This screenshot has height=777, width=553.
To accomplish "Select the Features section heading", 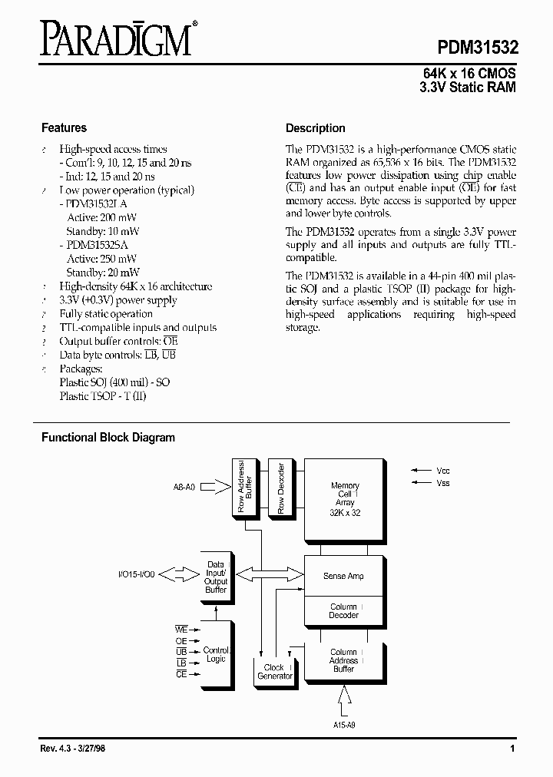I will (x=64, y=128).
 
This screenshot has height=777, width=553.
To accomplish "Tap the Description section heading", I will (x=315, y=128).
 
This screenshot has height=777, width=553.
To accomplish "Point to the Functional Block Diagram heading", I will (x=108, y=438).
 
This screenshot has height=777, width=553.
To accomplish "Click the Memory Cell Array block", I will (x=345, y=498).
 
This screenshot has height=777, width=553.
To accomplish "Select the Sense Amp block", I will (x=344, y=576).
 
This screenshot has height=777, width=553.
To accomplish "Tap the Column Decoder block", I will (x=344, y=611).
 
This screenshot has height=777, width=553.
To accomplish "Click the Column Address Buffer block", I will (x=344, y=661).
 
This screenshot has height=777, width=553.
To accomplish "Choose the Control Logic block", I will (x=217, y=654).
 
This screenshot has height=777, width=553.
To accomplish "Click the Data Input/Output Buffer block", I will (x=216, y=577).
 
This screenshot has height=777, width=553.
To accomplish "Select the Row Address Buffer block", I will (x=244, y=488).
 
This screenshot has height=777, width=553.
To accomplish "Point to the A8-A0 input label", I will (x=184, y=487).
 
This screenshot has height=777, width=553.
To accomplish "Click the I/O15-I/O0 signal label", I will (x=137, y=574).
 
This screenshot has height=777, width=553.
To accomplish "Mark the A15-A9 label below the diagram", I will (x=344, y=724).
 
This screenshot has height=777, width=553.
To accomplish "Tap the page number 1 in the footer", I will (x=512, y=749).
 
